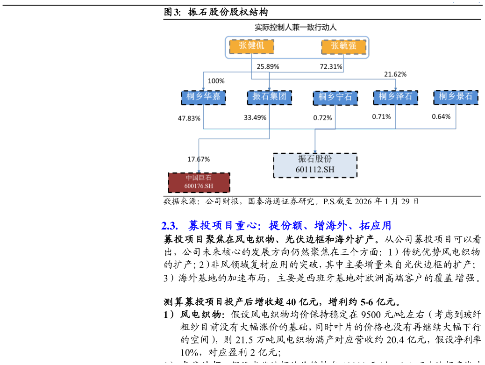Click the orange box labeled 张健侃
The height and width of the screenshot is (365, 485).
[x=251, y=46]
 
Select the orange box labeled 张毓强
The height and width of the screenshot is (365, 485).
[x=343, y=46]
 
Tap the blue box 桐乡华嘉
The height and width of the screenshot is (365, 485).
[x=203, y=97]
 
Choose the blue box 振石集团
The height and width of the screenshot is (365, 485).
[x=269, y=97]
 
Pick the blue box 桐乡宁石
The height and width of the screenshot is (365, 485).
[x=335, y=97]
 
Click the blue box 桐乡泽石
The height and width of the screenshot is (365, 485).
[x=395, y=97]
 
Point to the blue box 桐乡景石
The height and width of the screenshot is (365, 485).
[x=456, y=97]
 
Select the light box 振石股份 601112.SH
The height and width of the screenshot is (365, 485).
[x=315, y=165]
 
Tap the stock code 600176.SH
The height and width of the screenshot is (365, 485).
[x=199, y=186]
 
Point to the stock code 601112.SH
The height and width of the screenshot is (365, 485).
[x=315, y=170]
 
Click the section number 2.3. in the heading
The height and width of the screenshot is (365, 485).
[x=170, y=226]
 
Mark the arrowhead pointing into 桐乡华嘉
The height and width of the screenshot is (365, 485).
[x=203, y=89]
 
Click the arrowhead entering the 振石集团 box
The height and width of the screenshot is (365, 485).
[x=269, y=89]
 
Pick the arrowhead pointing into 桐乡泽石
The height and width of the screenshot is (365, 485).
[x=395, y=89]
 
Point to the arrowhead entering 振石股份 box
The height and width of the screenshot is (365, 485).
[x=315, y=151]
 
